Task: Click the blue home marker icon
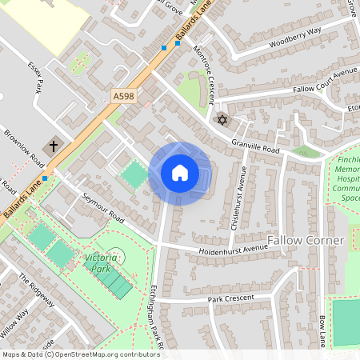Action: (180, 173)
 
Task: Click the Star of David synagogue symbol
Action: (222, 120)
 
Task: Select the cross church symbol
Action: (54, 146)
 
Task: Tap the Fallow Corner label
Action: (306, 241)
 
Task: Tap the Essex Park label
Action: (35, 77)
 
